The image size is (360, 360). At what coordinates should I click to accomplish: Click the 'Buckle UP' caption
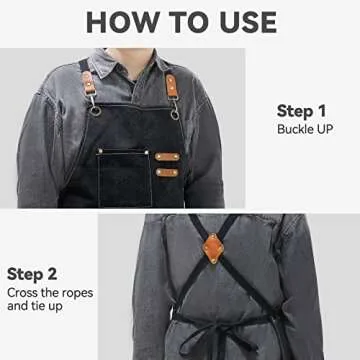pos(304,130)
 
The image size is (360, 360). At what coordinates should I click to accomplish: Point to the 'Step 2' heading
pos(32,272)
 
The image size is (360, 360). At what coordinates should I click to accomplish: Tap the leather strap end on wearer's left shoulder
pos(175,82)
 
